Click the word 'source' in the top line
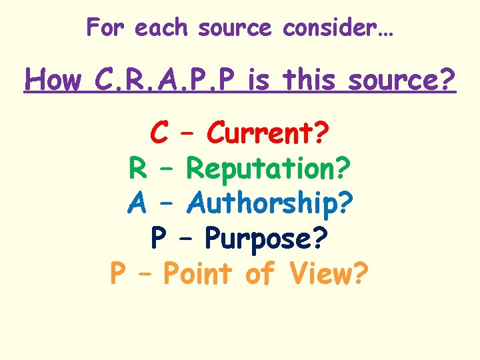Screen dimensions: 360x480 pos(235,28)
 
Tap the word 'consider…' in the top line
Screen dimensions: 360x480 pos(339,28)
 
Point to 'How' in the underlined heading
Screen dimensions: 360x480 pos(53,81)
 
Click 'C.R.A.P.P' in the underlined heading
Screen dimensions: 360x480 pos(164,81)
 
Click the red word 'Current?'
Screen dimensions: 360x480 pos(267,133)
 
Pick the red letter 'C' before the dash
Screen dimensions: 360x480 pos(159,133)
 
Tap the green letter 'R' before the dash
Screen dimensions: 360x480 pos(137,168)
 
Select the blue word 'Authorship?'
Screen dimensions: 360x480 pos(270,203)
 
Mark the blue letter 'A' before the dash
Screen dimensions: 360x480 pos(137,203)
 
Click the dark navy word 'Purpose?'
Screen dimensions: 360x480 pos(266,238)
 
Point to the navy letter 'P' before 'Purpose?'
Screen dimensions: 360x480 pos(159,238)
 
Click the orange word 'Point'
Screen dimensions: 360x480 pos(197,273)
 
